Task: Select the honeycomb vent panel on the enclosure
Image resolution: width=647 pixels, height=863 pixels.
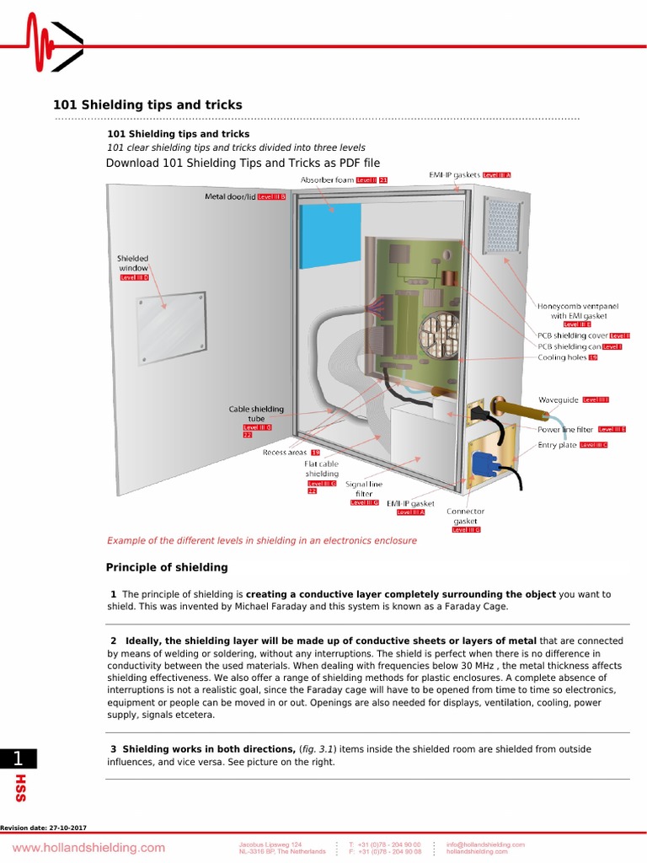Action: [503, 228]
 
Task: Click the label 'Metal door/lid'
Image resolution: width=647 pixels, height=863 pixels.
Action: [231, 196]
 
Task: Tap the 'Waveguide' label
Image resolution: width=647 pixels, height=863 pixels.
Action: [559, 399]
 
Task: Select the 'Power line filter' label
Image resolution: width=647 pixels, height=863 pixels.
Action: [565, 429]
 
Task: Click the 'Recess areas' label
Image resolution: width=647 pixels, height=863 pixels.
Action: [284, 453]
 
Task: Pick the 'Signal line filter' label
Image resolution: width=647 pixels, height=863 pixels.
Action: [364, 490]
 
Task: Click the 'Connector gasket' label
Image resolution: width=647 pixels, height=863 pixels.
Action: [465, 516]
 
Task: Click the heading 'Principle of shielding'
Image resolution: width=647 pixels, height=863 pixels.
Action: [167, 567]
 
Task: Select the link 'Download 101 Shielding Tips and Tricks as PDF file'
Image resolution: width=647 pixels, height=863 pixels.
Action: [243, 163]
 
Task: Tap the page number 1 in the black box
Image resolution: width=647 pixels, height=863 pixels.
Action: [19, 758]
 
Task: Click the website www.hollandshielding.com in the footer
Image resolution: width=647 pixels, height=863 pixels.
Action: [88, 847]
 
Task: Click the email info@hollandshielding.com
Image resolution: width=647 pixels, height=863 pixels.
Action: [485, 844]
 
